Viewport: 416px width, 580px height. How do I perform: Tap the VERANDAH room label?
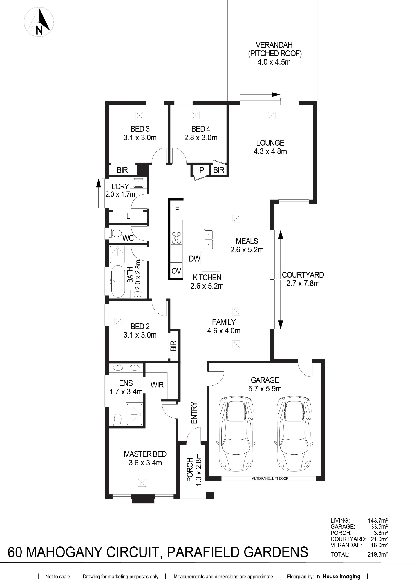(274, 45)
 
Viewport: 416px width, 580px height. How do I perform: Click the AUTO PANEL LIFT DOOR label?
(270, 478)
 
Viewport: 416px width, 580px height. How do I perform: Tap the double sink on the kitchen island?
(209, 240)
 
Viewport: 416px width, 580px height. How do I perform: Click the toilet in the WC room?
(115, 233)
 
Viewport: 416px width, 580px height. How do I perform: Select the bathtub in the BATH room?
(118, 281)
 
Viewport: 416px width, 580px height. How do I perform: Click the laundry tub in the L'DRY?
(138, 183)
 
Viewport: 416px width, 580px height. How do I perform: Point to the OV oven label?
(176, 271)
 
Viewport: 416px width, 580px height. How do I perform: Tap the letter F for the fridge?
(177, 210)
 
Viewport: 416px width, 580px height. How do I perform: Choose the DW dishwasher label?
(194, 259)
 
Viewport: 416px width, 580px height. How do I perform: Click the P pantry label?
(202, 170)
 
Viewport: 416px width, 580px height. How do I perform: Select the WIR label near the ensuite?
(157, 385)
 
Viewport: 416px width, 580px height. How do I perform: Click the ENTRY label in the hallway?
(194, 413)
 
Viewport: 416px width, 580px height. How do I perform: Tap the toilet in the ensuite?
(118, 419)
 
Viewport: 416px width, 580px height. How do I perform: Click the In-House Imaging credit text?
(338, 576)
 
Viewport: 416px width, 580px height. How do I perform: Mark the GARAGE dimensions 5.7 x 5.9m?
(265, 389)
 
